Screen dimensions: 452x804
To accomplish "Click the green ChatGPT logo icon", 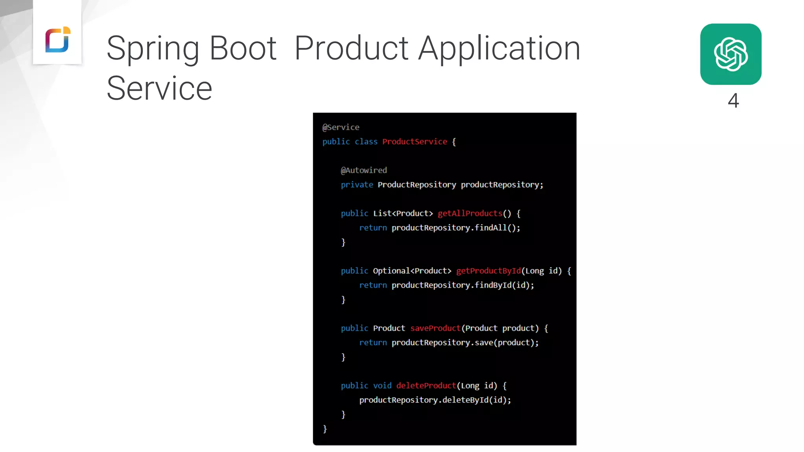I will click(731, 54).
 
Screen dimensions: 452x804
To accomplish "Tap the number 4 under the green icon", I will click(733, 100).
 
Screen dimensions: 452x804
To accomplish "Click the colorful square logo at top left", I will click(58, 40).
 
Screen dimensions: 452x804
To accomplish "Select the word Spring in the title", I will click(153, 49).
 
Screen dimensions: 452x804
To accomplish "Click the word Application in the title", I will click(499, 49).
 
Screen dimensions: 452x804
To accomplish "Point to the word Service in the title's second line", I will click(159, 89).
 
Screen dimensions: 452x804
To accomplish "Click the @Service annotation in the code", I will click(341, 127).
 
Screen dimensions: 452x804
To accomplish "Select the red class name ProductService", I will click(415, 142).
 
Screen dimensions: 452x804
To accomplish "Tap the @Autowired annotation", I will click(364, 170).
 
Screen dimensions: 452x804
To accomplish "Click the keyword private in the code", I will click(357, 185).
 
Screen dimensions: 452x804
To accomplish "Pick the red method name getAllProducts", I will click(470, 213).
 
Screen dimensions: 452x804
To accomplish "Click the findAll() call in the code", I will click(497, 228).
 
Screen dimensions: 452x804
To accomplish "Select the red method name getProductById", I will click(488, 271).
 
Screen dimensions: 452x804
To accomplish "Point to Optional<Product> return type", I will click(412, 271).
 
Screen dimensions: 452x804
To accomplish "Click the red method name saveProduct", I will click(435, 328).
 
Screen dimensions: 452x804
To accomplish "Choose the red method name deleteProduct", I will click(426, 386).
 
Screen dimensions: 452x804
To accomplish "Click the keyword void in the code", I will click(382, 386).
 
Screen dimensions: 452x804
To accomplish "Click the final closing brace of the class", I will click(325, 429).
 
